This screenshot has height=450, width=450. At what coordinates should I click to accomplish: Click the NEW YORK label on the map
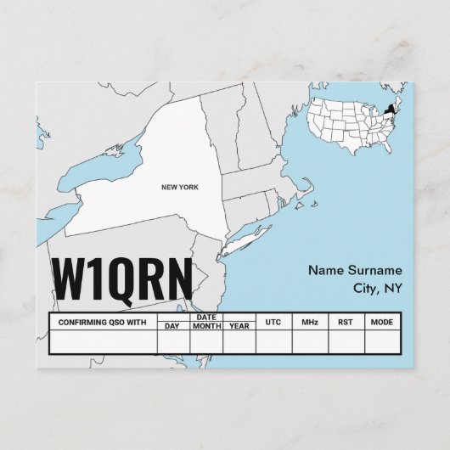pyautogui.click(x=179, y=187)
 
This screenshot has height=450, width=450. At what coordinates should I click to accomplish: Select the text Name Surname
pyautogui.click(x=355, y=271)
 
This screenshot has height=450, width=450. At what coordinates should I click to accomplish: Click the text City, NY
pyautogui.click(x=377, y=289)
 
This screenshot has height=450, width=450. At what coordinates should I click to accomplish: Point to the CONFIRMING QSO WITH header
pyautogui.click(x=103, y=323)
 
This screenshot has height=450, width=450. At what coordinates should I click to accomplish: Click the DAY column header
pyautogui.click(x=173, y=326)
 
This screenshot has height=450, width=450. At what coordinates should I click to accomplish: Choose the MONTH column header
pyautogui.click(x=206, y=326)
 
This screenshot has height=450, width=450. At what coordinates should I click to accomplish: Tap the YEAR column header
pyautogui.click(x=239, y=326)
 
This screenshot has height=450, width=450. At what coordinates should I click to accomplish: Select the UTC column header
pyautogui.click(x=273, y=323)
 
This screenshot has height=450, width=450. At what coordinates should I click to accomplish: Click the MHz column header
pyautogui.click(x=309, y=323)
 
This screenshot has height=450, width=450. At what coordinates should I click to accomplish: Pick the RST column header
pyautogui.click(x=346, y=323)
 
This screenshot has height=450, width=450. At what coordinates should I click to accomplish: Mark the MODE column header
pyautogui.click(x=382, y=323)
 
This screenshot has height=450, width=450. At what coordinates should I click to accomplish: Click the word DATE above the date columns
pyautogui.click(x=206, y=318)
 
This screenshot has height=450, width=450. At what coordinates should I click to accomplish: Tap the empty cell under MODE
pyautogui.click(x=382, y=341)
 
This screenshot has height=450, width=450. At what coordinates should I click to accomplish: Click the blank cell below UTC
pyautogui.click(x=273, y=341)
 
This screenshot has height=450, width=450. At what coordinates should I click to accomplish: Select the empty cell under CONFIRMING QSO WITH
pyautogui.click(x=103, y=341)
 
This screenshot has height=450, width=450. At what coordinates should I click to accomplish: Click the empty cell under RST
pyautogui.click(x=346, y=341)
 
